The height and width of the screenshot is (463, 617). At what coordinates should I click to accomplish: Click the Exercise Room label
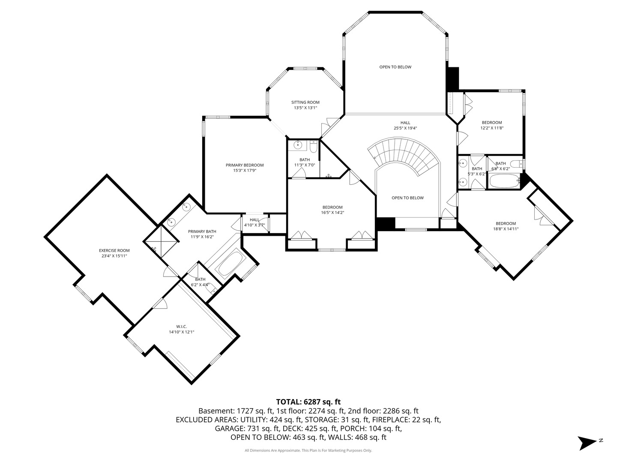pyautogui.click(x=114, y=250)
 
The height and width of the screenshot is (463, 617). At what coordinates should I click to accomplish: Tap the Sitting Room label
pyautogui.click(x=305, y=102)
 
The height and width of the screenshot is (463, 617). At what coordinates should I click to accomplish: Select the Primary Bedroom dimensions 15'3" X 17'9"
pyautogui.click(x=245, y=170)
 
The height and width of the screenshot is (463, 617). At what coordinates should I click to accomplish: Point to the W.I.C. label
pyautogui.click(x=181, y=326)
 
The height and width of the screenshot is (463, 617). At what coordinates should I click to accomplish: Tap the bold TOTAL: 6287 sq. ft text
pyautogui.click(x=308, y=402)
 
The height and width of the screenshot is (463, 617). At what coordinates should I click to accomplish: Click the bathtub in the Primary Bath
pyautogui.click(x=230, y=263)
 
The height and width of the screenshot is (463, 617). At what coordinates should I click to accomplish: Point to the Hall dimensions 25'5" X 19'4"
pyautogui.click(x=405, y=128)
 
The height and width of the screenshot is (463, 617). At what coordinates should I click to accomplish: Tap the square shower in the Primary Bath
pyautogui.click(x=161, y=241)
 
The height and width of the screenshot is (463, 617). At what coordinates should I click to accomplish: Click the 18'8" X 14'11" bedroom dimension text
pyautogui.click(x=506, y=229)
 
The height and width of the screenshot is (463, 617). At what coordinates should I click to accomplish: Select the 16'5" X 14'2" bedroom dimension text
pyautogui.click(x=332, y=213)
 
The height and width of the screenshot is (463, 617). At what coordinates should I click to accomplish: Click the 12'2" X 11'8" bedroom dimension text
pyautogui.click(x=491, y=128)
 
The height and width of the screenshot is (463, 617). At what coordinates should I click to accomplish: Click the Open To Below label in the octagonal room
pyautogui.click(x=395, y=67)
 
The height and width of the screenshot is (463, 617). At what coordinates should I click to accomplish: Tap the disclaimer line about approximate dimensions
pyautogui.click(x=308, y=451)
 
